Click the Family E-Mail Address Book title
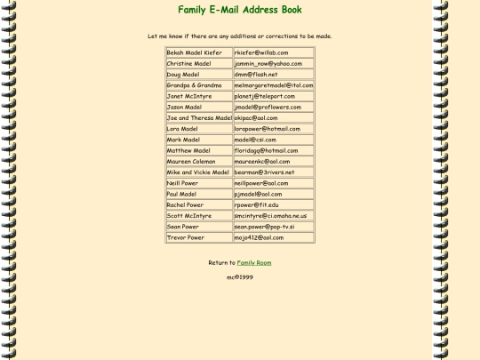240,11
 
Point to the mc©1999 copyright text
240,277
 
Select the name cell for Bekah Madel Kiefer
198,52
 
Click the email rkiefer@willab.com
261,52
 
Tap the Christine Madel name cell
198,64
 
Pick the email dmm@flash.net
256,75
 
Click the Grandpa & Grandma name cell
198,85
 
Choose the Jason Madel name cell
198,107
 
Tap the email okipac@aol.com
257,118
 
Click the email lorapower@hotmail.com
267,129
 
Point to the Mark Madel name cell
198,140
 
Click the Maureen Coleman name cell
198,162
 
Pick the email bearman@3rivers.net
264,172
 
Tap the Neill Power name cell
198,183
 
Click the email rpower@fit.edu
258,204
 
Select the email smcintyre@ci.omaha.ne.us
270,216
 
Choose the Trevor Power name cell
198,237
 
